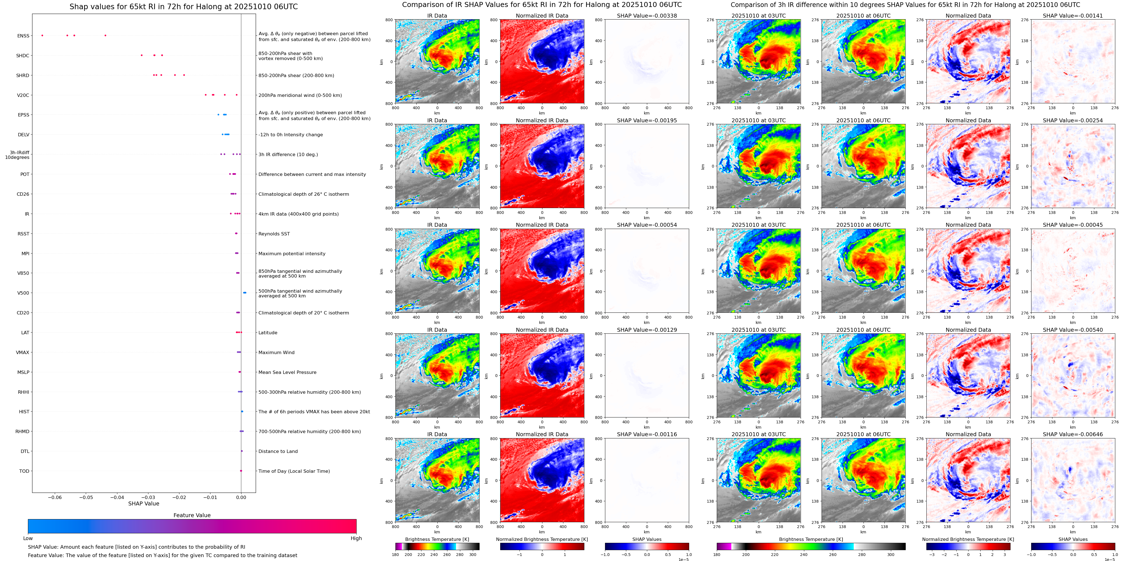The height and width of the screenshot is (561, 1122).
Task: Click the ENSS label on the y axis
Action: (x=23, y=36)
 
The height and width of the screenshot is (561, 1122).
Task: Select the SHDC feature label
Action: (x=23, y=56)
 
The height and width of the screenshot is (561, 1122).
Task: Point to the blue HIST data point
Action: (x=242, y=411)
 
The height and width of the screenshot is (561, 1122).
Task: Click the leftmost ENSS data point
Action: (x=42, y=35)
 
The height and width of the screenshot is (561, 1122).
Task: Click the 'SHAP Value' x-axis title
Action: (x=143, y=503)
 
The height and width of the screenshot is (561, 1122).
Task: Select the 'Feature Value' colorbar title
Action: (x=192, y=515)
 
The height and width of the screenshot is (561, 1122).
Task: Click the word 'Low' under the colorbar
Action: (x=28, y=538)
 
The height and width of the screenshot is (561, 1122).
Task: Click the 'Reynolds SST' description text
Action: (x=274, y=234)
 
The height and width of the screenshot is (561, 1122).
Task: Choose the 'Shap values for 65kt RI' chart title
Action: (x=183, y=6)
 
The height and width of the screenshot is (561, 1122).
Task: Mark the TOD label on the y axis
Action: (x=24, y=471)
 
